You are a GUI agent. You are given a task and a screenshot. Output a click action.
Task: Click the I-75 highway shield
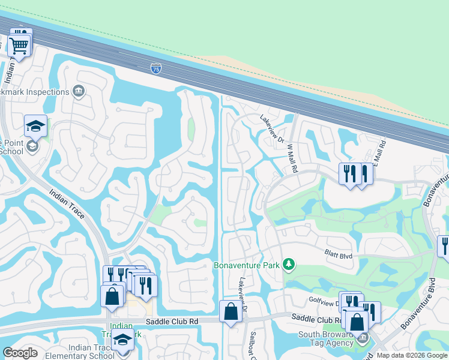tap(155, 68)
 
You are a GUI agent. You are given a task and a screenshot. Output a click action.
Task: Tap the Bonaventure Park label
tap(248, 265)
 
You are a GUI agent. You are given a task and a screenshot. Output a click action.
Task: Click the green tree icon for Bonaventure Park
tap(289, 264)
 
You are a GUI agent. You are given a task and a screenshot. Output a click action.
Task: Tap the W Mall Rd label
tap(292, 158)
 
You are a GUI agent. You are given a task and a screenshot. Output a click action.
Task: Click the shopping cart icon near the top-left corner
tap(19, 45)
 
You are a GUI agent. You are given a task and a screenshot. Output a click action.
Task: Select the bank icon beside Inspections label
tap(78, 91)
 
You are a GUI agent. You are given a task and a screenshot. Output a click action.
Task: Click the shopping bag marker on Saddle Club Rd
tap(231, 311)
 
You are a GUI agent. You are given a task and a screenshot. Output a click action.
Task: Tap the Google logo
tap(20, 353)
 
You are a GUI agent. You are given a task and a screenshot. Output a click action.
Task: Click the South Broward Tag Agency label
tap(328, 339)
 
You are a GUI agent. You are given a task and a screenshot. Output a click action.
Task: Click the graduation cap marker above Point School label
tap(35, 126)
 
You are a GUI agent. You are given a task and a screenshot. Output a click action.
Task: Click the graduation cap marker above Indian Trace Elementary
tap(123, 339)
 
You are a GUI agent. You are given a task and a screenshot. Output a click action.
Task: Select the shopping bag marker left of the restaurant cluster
tap(112, 295)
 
